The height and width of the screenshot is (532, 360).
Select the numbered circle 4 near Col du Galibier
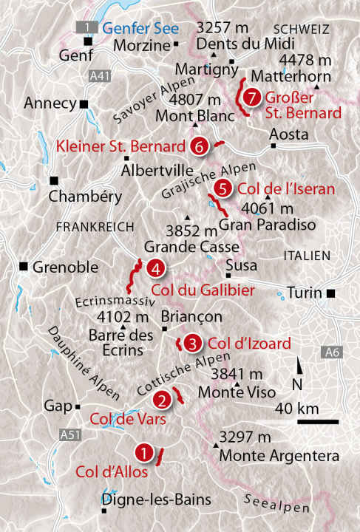155,268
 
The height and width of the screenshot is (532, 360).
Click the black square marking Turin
330,293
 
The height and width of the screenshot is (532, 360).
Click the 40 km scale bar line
318,422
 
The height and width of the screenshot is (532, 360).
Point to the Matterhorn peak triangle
317,88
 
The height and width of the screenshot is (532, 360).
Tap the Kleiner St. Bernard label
120,145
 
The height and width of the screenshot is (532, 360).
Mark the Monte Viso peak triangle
237,384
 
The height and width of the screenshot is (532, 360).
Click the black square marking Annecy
84,104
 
